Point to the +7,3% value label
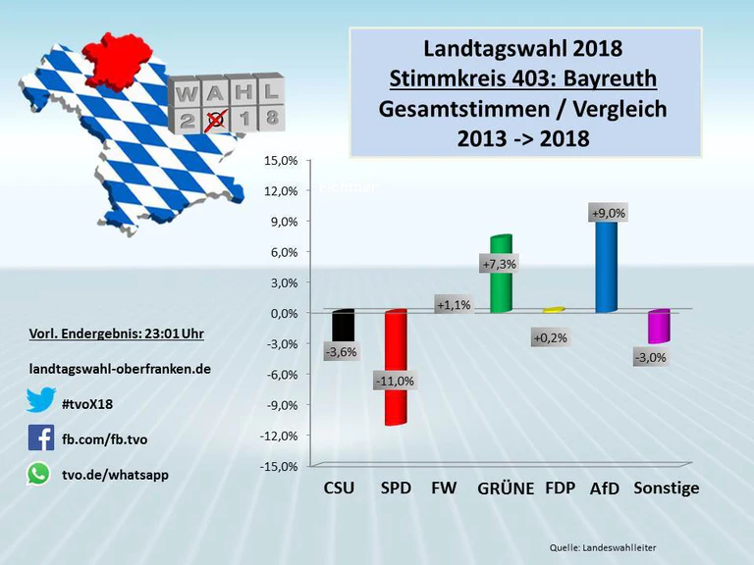coord(499,264)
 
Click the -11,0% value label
coord(395,381)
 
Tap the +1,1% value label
coord(453,305)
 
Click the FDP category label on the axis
coord(560,488)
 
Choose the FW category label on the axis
coord(444,488)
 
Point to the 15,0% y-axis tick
coord(281,161)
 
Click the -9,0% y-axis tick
coord(281,405)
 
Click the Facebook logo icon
coord(40,437)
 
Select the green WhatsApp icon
coord(38,474)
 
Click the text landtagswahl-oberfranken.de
coord(120,369)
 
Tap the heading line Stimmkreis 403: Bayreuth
coord(522,77)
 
